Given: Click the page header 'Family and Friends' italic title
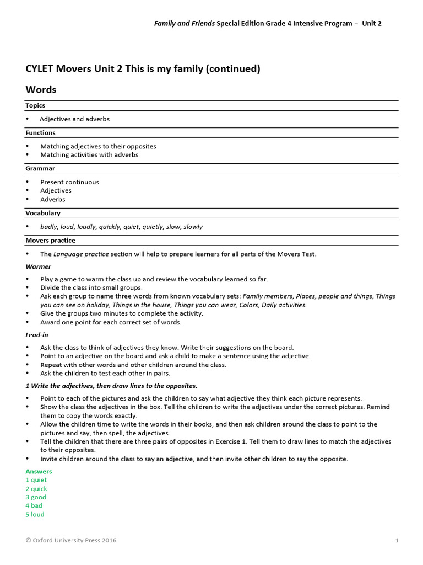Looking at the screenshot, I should click(184, 23).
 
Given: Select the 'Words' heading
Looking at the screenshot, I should click(41, 89).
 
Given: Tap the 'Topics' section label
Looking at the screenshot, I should click(35, 105).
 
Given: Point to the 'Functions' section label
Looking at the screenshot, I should click(40, 133).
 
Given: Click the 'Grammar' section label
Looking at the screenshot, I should click(39, 168).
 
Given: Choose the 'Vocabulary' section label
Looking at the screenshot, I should click(43, 213).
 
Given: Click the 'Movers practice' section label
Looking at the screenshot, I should click(50, 241).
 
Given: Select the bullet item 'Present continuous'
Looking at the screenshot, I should click(69, 182).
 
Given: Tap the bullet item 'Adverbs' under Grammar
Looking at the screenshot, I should click(52, 199).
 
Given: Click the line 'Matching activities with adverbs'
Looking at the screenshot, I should click(89, 155).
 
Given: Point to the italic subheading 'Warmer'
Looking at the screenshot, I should click(38, 266).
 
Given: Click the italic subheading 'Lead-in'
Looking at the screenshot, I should click(37, 334).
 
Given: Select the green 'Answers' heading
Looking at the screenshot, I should click(39, 471).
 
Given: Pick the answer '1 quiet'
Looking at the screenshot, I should click(36, 480).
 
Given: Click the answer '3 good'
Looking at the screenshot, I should click(36, 497).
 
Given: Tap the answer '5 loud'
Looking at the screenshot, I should click(35, 514).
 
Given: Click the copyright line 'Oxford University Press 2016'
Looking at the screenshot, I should click(71, 540).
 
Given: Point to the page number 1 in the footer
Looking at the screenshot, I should click(397, 540).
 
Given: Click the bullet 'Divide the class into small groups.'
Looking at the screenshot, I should click(91, 287).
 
